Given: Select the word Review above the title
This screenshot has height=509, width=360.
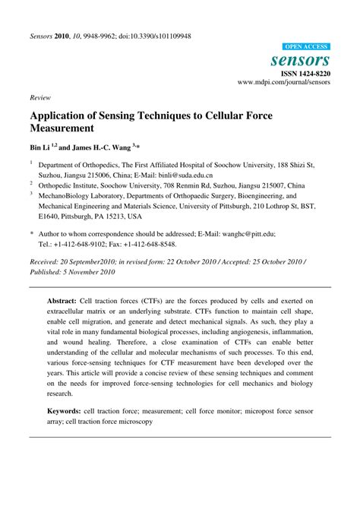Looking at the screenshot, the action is tap(41, 98).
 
